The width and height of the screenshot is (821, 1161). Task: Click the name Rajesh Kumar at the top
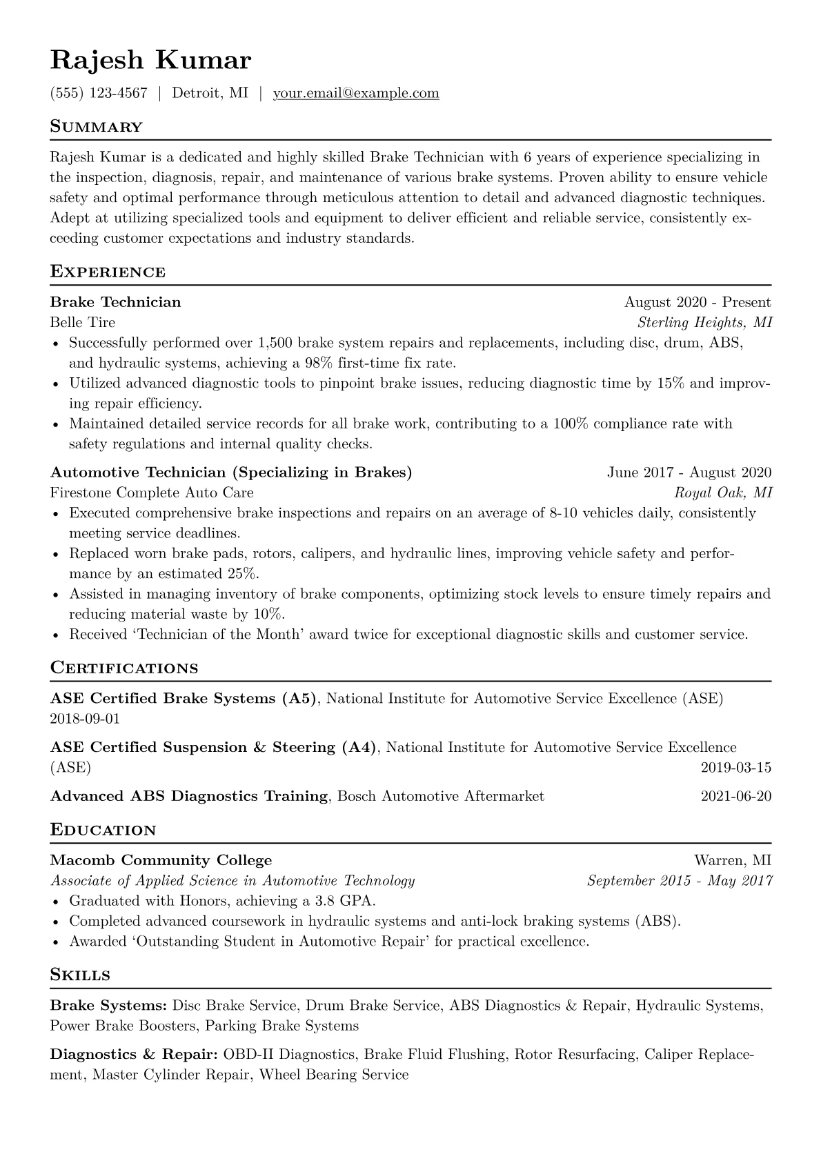(x=150, y=61)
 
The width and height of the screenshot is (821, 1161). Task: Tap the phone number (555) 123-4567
(x=99, y=93)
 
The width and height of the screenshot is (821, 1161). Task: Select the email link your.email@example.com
(x=356, y=93)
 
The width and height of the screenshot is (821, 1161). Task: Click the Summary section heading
(x=96, y=127)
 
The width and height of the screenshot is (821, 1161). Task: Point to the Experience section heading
(x=108, y=272)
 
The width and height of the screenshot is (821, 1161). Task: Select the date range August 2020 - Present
(x=698, y=302)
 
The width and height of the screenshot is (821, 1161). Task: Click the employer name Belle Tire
(x=83, y=322)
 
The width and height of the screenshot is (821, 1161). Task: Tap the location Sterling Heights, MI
(x=704, y=322)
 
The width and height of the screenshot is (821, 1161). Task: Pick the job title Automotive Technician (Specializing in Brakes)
(x=231, y=473)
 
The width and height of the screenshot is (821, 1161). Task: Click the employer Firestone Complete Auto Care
(x=152, y=493)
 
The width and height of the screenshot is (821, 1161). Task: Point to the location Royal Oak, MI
(x=723, y=493)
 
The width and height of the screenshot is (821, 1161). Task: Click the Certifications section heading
(x=124, y=668)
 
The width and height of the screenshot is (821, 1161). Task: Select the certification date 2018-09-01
(x=85, y=719)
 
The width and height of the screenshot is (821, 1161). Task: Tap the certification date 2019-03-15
(x=735, y=768)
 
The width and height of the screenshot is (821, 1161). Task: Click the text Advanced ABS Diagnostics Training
(x=189, y=797)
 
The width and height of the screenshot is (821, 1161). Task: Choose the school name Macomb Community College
(x=161, y=860)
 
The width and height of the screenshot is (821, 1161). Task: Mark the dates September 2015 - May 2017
(x=680, y=881)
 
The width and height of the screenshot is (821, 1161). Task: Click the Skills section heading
(x=80, y=975)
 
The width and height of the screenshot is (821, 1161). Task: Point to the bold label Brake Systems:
(x=108, y=1006)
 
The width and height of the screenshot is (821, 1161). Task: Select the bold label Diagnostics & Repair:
(x=135, y=1055)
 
